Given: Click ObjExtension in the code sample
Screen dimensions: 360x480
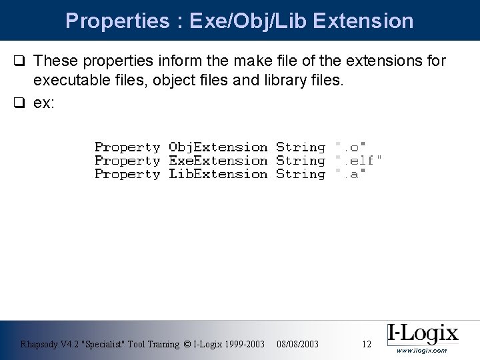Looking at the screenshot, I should click(218, 147).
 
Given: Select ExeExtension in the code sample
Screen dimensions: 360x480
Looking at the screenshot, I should click(218, 161).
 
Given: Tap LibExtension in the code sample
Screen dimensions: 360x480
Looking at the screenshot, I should click(218, 174).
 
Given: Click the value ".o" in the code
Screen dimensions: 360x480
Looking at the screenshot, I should click(351, 147).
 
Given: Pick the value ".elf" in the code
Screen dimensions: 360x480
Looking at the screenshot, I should click(359, 161).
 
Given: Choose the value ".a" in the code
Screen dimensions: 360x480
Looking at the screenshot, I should click(351, 174).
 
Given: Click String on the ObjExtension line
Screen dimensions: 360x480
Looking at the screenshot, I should click(301, 147).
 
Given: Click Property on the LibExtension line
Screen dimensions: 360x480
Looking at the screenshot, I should click(127, 174).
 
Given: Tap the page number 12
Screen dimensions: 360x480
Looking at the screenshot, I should click(366, 344).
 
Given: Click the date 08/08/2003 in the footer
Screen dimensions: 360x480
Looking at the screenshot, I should click(297, 344).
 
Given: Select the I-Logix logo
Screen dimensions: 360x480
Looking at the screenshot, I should click(423, 333).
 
